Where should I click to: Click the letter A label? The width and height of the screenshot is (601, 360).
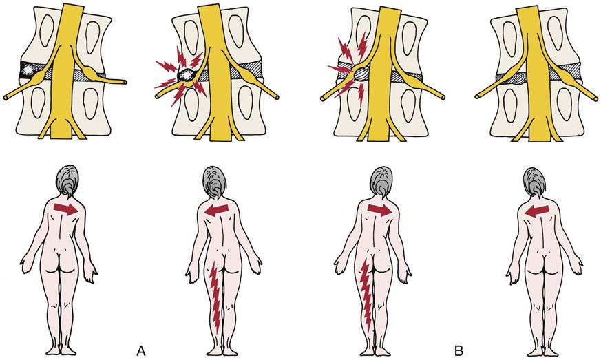pos(141,351)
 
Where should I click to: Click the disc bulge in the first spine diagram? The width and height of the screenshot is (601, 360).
pos(31,71)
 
